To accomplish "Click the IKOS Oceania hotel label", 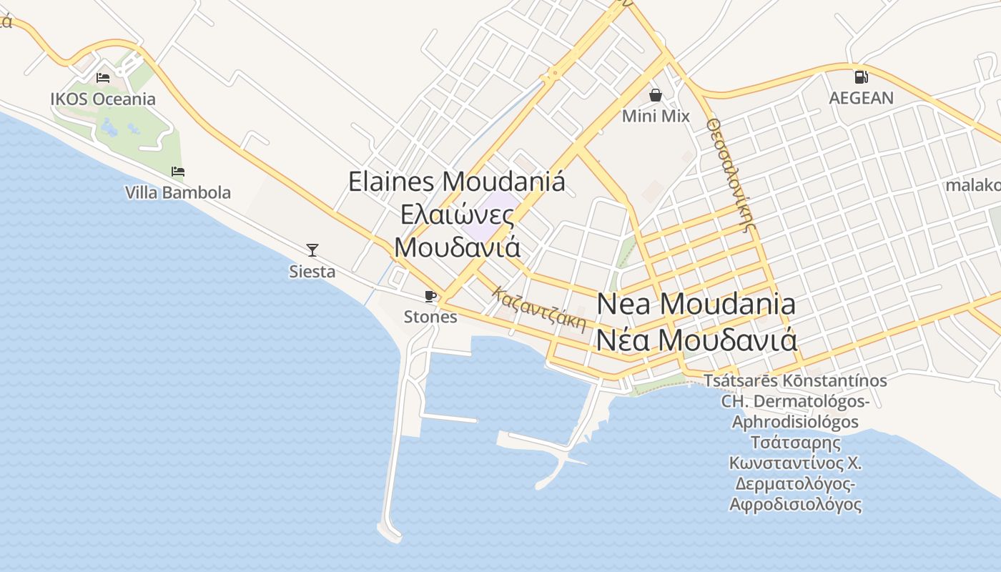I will point(103,99).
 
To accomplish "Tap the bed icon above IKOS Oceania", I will point(103,77).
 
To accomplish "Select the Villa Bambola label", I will point(178,192).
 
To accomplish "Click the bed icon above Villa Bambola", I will point(178,172).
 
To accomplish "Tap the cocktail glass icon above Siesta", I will point(312,250).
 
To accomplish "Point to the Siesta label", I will point(312,272).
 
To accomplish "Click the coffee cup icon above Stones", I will point(430,296).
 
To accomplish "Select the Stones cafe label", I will point(430,317).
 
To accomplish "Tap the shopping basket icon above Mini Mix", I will point(655,95).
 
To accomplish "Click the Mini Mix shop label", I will point(656,116).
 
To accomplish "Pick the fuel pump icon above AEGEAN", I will point(861,77).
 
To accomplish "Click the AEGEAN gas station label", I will point(861,98).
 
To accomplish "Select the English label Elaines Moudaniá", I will point(457,181).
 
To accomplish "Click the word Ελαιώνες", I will point(457,214).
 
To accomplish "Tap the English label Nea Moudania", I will point(696,304).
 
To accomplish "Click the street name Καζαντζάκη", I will point(539,309).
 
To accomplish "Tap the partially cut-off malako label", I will point(973,185).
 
